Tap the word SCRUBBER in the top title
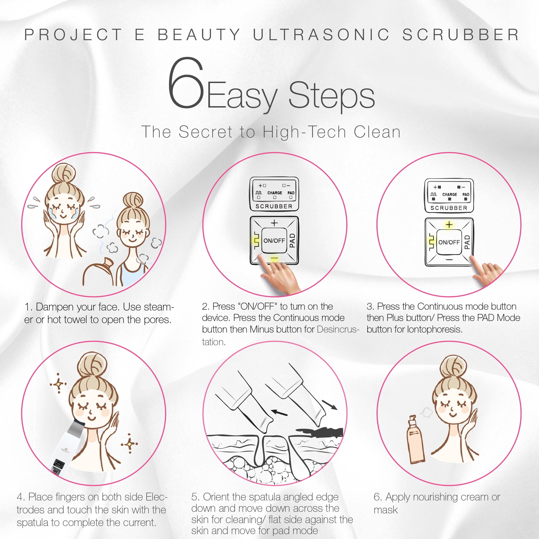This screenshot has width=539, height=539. point(461,34)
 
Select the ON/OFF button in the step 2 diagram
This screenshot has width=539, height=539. point(274,240)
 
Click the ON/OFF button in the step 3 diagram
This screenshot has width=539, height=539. point(449,242)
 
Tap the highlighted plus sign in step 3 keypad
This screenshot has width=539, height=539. point(449,224)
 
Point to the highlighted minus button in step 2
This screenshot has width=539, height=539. point(274,260)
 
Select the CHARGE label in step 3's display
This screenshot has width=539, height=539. point(450,195)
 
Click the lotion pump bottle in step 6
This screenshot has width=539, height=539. point(416,440)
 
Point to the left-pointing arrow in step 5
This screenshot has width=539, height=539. point(279,412)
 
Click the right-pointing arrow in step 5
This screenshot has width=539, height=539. point(330,405)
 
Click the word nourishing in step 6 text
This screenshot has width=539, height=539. point(436,497)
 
